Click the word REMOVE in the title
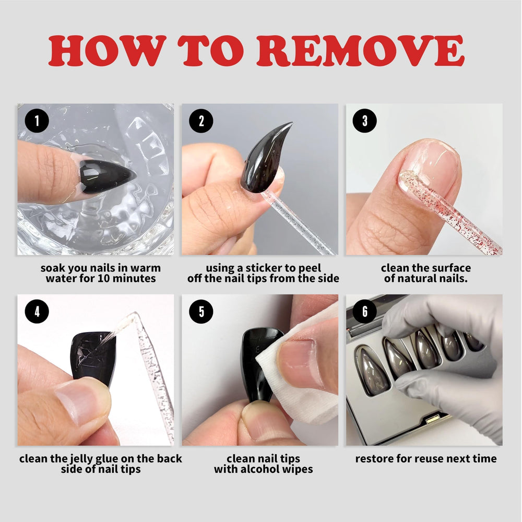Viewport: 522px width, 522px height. (360, 50)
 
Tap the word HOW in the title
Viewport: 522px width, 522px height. (107, 50)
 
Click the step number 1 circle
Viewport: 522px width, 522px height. (37, 121)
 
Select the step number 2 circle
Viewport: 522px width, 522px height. (201, 121)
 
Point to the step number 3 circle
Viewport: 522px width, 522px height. (365, 121)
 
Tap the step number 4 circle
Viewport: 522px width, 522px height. (37, 312)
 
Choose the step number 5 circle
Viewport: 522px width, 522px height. (201, 312)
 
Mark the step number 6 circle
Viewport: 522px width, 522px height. (365, 312)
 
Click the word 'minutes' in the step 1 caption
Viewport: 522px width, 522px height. (136, 278)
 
